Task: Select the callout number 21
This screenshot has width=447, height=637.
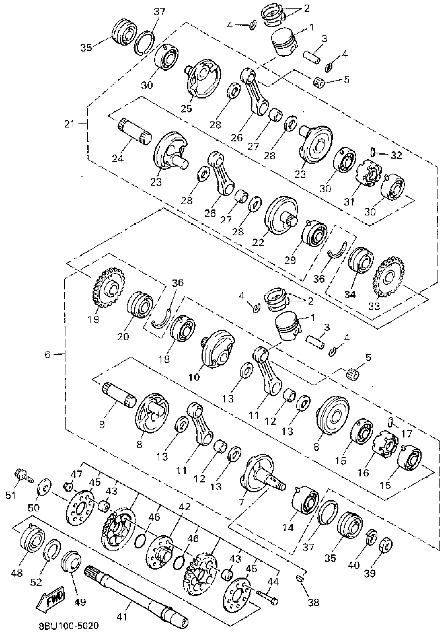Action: [69, 124]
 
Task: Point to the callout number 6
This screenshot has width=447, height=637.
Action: [48, 354]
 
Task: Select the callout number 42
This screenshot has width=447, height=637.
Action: [185, 507]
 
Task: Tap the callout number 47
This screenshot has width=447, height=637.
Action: [76, 474]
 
